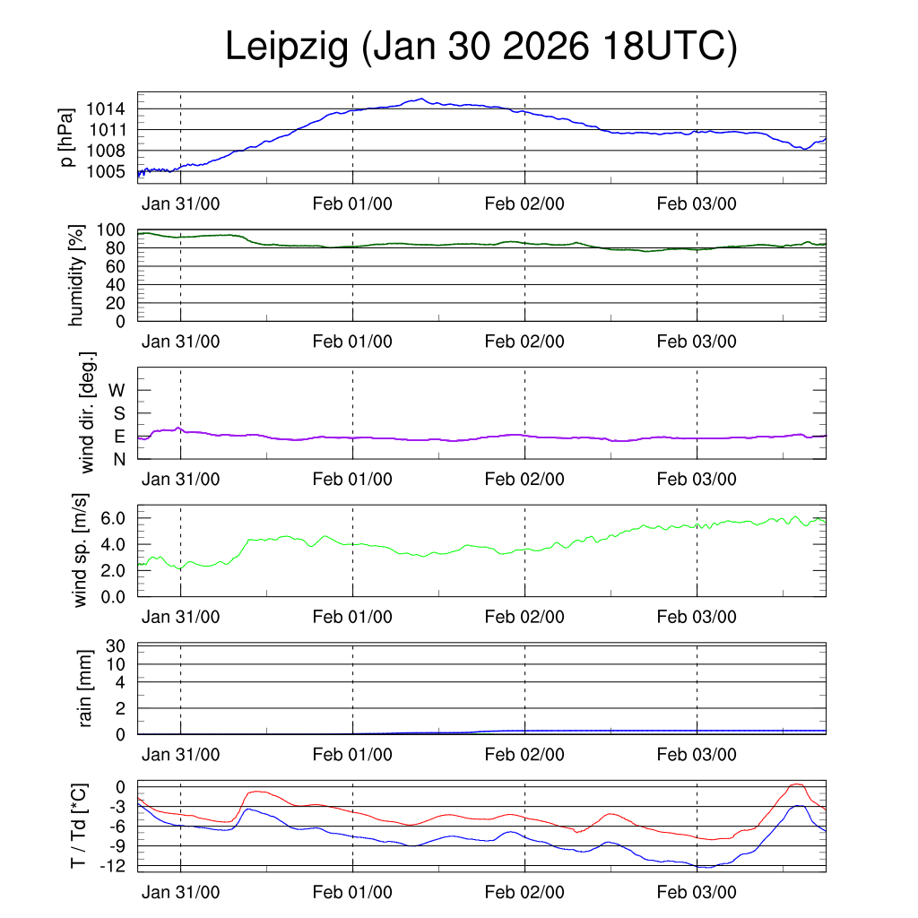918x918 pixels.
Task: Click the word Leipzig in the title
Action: point(286,47)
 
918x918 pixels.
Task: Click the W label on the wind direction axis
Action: point(117,391)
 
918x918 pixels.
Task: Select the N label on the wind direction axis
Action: point(119,459)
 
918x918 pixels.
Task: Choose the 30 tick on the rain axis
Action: point(116,645)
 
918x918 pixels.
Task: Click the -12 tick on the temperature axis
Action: point(112,866)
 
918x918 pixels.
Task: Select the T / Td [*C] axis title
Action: point(79,827)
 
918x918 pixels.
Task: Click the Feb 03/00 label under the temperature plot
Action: point(697,893)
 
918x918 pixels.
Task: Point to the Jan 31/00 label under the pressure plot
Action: point(180,204)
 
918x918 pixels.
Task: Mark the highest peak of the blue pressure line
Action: point(420,99)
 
